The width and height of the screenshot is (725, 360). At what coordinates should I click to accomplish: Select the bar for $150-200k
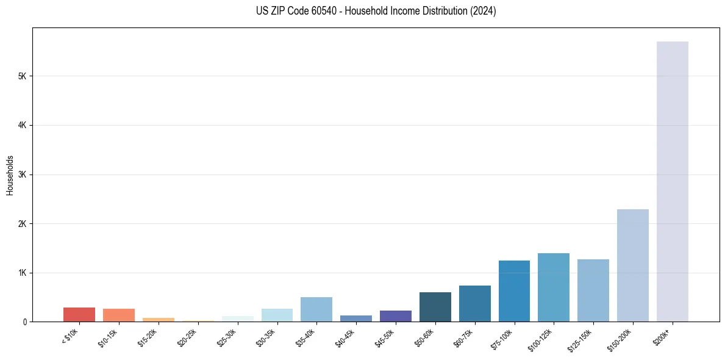(x=632, y=265)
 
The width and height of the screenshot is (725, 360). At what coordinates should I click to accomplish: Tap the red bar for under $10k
(x=79, y=314)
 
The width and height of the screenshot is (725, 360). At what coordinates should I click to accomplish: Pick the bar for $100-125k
(x=553, y=287)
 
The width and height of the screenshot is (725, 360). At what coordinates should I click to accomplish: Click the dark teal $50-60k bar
(x=435, y=307)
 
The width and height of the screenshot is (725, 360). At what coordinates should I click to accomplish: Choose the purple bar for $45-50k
(x=395, y=316)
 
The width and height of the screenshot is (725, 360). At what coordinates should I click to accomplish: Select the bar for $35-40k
(x=316, y=309)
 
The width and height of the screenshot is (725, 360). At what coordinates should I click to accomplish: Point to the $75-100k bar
(x=514, y=291)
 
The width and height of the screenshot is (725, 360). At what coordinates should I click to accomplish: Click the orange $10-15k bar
(x=118, y=315)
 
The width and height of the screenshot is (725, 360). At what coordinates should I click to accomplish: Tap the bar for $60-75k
(x=474, y=303)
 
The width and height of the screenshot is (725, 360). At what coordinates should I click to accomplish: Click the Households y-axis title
(x=10, y=175)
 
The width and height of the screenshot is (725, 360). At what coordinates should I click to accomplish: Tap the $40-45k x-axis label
(x=345, y=337)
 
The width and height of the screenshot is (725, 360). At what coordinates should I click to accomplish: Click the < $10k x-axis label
(x=70, y=336)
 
